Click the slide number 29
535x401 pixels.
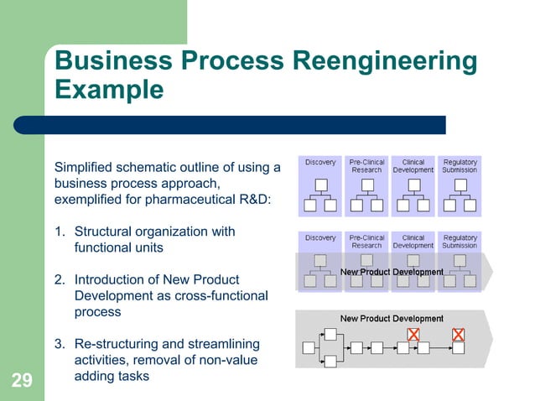[22, 382]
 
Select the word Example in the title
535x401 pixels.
[109, 89]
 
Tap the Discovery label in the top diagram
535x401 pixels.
[320, 162]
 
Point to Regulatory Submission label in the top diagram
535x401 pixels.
[460, 166]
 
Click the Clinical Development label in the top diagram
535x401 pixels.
[413, 166]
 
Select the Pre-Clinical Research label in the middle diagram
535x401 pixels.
[366, 242]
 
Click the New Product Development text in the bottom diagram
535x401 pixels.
[392, 319]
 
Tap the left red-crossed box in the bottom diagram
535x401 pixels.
[413, 335]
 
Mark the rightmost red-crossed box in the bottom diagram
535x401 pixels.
[458, 335]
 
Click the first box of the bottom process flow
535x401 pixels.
[308, 347]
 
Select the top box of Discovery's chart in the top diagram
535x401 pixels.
[320, 185]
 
